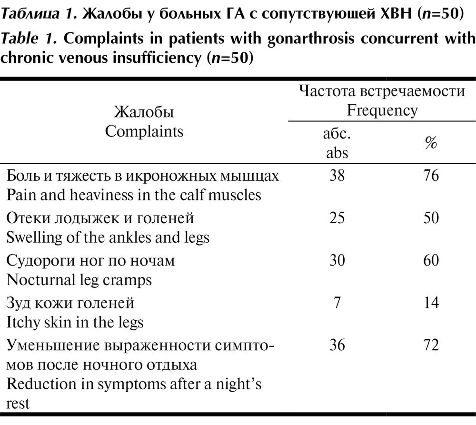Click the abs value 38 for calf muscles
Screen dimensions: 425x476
[x=337, y=176]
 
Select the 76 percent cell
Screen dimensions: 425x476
[x=430, y=176]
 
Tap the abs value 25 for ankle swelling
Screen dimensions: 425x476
[x=337, y=218]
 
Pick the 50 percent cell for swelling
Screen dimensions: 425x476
[x=430, y=218]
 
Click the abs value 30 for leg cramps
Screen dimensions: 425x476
[x=337, y=260]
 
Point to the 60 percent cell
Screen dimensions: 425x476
[x=430, y=260]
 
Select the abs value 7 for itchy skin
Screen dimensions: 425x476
[x=337, y=303]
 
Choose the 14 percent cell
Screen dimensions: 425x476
[x=430, y=303]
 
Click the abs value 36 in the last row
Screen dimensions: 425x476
[x=337, y=345]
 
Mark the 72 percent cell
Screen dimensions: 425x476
[x=430, y=345]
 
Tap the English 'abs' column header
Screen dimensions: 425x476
[x=337, y=153]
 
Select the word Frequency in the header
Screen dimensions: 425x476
[x=382, y=111]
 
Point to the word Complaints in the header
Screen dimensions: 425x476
[x=144, y=131]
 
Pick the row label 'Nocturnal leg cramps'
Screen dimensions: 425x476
[x=79, y=280]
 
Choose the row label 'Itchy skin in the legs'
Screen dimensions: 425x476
[x=75, y=322]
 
